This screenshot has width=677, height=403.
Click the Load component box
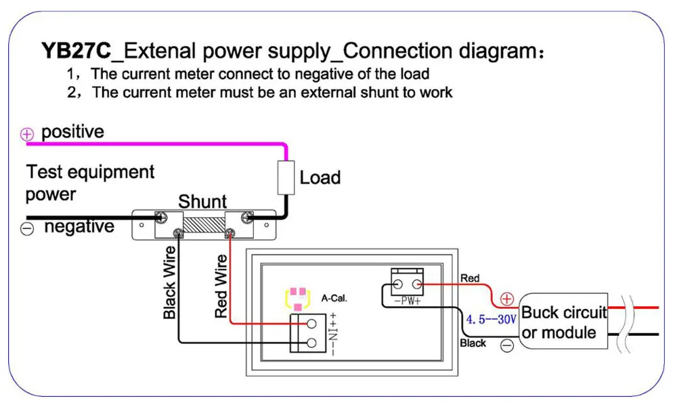(286, 178)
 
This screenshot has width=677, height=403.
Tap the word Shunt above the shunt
(202, 201)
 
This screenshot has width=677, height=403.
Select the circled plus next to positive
(27, 134)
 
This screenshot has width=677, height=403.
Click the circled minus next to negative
(27, 229)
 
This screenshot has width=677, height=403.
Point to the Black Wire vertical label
(169, 282)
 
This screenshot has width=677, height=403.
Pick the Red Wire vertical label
(221, 287)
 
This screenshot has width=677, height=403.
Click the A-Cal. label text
(334, 297)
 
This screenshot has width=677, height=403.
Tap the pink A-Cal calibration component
(297, 298)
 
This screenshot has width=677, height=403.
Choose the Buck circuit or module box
(563, 322)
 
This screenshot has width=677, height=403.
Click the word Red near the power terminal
(469, 278)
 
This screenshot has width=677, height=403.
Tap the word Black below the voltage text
(473, 343)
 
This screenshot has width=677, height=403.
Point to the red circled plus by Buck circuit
(507, 298)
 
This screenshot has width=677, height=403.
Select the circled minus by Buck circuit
(507, 345)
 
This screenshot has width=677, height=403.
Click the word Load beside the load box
(320, 178)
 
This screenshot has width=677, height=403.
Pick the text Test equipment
(90, 172)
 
